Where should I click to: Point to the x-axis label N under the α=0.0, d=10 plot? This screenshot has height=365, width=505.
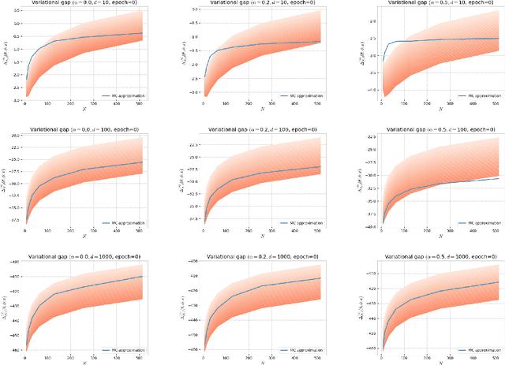84,110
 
